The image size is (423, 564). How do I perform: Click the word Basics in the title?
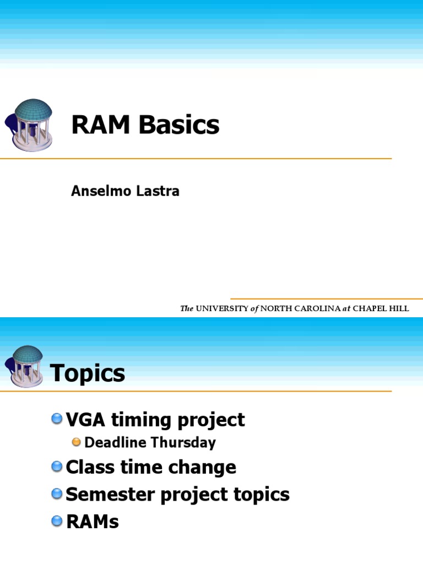pos(179,125)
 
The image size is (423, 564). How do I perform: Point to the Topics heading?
pos(88,374)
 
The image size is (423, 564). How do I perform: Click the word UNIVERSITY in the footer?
pos(222,309)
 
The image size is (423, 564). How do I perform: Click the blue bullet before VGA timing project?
pos(57,420)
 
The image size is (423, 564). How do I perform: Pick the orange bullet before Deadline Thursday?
pos(77,442)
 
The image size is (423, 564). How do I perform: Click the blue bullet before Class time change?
pos(57,467)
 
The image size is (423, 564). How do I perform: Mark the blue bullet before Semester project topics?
pos(57,494)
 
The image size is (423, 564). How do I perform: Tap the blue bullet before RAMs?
pos(57,521)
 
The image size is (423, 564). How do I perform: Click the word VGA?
pos(86,420)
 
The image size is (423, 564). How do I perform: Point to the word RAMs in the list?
pos(92,521)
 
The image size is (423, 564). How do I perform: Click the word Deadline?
pos(116,442)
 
